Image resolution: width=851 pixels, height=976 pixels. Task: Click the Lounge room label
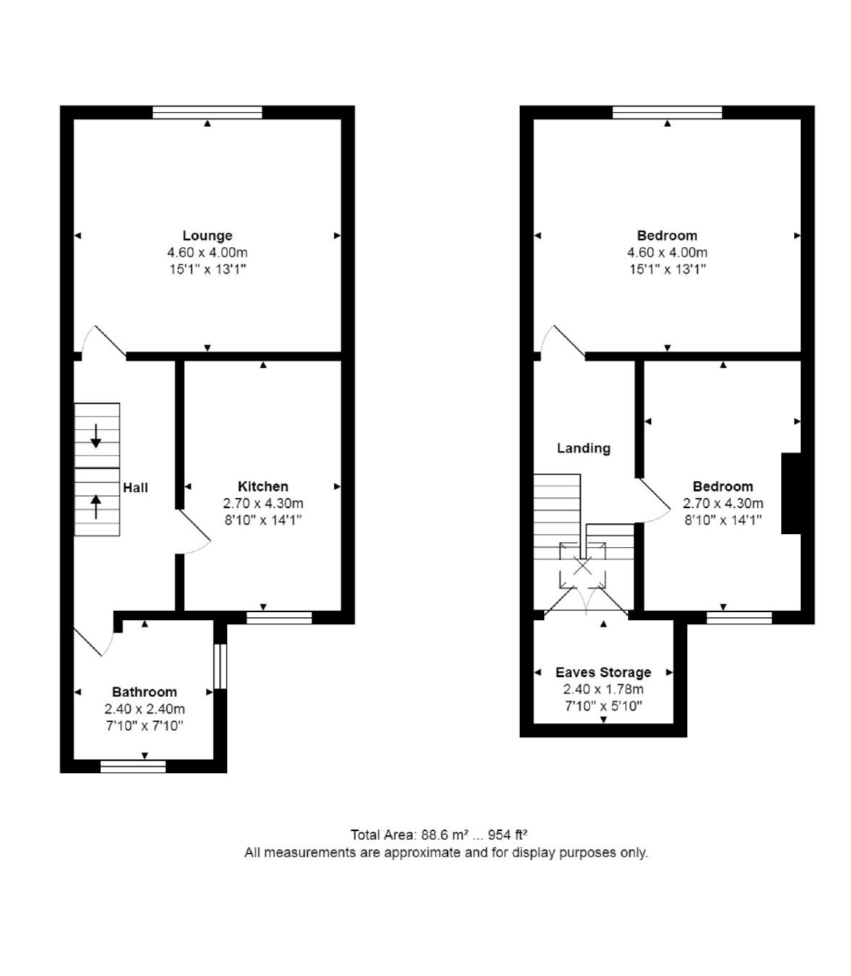pyautogui.click(x=207, y=236)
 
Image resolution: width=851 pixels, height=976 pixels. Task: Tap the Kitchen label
pyautogui.click(x=263, y=487)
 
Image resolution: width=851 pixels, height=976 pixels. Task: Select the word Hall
pyautogui.click(x=136, y=488)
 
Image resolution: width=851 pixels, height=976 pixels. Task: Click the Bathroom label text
pyautogui.click(x=144, y=692)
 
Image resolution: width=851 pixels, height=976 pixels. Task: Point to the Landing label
pyautogui.click(x=584, y=449)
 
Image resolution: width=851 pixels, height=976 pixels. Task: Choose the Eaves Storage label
pyautogui.click(x=603, y=673)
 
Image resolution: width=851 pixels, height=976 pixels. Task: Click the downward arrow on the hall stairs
pyautogui.click(x=96, y=436)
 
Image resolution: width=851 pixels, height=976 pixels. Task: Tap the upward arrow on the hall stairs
pyautogui.click(x=96, y=506)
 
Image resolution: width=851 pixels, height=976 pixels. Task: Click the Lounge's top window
pyautogui.click(x=207, y=113)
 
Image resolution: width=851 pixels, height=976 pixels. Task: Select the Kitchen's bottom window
pyautogui.click(x=279, y=618)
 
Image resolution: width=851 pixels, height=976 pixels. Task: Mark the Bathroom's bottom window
pyautogui.click(x=133, y=766)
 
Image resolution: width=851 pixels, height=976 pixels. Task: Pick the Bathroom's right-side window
pyautogui.click(x=220, y=666)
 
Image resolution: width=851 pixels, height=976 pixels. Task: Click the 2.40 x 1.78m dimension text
pyautogui.click(x=603, y=689)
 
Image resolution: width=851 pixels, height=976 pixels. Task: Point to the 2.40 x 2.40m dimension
pyautogui.click(x=144, y=709)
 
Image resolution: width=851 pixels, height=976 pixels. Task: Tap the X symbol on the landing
pyautogui.click(x=582, y=567)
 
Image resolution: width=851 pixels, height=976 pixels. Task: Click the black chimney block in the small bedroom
pyautogui.click(x=790, y=493)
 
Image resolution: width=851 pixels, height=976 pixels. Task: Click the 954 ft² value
pyautogui.click(x=508, y=835)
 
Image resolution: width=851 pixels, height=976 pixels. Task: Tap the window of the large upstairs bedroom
pyautogui.click(x=668, y=113)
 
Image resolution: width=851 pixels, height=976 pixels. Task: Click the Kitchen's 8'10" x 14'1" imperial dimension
pyautogui.click(x=263, y=520)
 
